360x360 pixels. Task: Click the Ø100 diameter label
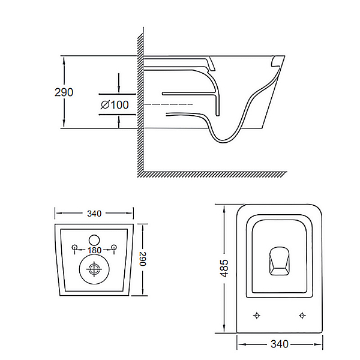pos(115,105)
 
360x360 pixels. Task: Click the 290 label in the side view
pos(64,92)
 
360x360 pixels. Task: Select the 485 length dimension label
pos(224,268)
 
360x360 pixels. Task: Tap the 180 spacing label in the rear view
pos(94,250)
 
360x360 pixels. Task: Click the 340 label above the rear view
pos(94,214)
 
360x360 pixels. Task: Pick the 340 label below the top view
pos(280,344)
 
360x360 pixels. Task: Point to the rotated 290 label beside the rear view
pos(143,259)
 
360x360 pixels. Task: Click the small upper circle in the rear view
pos(94,240)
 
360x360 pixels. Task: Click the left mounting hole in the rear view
pos(74,247)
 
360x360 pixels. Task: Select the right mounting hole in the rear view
pos(113,247)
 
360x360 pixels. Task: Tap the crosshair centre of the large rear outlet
pos(94,269)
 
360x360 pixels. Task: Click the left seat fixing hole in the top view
pos(257,316)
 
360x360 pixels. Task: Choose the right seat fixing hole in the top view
pos(302,316)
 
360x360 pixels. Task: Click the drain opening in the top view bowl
pos(279,261)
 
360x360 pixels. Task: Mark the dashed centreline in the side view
pos(168,104)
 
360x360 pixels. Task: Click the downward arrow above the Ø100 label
pos(118,83)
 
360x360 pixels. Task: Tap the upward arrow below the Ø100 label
pos(118,122)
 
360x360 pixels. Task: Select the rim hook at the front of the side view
pos(276,62)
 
